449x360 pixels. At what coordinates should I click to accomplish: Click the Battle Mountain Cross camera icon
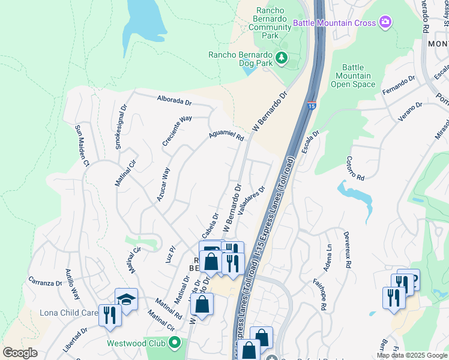coord(385,23)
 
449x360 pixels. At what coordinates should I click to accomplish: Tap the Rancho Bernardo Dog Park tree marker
coord(281,58)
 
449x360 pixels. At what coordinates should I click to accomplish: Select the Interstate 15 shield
coord(311,106)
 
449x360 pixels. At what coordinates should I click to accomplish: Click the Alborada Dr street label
coord(173,100)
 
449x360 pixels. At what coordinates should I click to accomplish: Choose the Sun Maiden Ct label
coord(81,146)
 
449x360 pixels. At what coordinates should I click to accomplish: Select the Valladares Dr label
coord(252,202)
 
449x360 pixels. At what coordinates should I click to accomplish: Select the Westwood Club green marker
coord(175,344)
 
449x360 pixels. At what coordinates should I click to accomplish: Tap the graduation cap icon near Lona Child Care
coord(127,298)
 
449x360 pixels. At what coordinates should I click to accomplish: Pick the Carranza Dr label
coord(46,281)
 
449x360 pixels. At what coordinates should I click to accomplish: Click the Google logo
coord(20,353)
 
